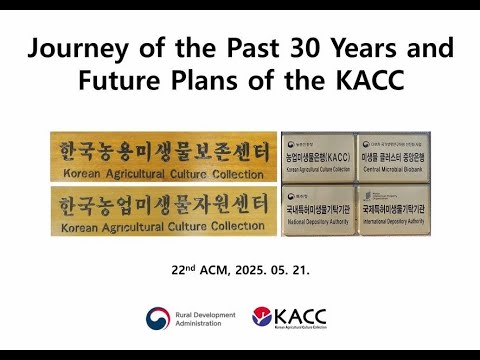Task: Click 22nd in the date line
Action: click(184, 269)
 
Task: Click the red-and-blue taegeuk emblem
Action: click(158, 319)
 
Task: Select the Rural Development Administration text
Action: click(206, 319)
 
